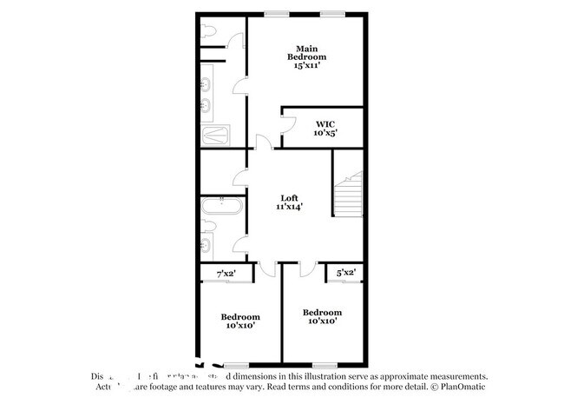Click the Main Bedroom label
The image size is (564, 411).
tap(305, 56)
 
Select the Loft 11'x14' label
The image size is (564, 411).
tap(290, 202)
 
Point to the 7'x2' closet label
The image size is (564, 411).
tap(226, 275)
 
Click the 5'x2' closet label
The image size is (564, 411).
tap(344, 273)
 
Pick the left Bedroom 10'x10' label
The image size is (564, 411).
tap(240, 322)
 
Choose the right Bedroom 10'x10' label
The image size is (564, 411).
tap(321, 316)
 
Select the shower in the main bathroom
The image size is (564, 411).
tap(217, 136)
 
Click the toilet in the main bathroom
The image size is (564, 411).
tap(207, 32)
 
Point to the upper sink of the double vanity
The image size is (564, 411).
tap(207, 85)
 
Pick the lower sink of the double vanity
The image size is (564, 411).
tap(207, 107)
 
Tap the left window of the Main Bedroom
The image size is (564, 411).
tap(278, 13)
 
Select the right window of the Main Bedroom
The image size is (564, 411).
tap(331, 13)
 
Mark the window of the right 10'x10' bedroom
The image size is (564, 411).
tap(325, 364)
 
